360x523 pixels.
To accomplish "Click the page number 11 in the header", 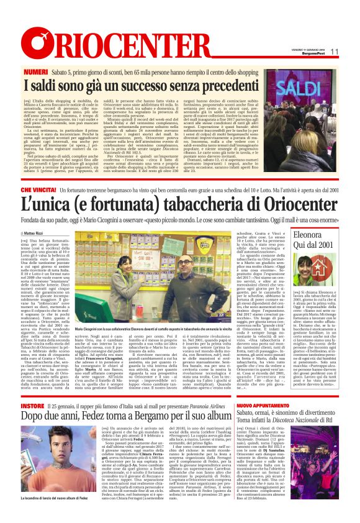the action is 334,52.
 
